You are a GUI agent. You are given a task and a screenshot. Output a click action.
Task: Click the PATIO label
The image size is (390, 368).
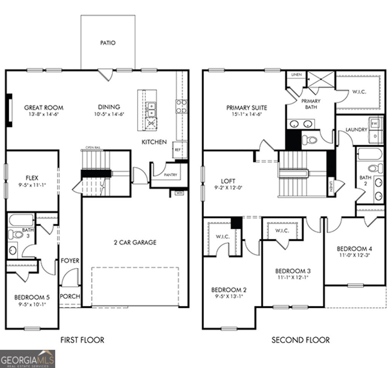(x=108, y=43)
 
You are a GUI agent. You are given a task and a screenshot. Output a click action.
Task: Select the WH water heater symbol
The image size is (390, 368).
(x=179, y=193)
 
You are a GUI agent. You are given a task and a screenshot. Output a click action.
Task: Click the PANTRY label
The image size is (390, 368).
(x=170, y=175)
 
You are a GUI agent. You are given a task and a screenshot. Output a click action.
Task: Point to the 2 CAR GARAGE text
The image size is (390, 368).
(x=135, y=242)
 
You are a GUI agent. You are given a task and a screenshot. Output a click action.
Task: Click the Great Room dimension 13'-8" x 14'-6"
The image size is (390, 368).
(x=44, y=114)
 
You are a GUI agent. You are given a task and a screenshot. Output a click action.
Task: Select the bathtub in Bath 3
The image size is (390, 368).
(x=21, y=221)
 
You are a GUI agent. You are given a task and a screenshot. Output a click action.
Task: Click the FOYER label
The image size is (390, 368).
(x=70, y=261)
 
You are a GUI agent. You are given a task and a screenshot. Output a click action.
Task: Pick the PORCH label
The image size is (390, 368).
(x=70, y=296)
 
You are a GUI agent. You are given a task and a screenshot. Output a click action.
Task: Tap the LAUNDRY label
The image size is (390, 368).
(x=356, y=130)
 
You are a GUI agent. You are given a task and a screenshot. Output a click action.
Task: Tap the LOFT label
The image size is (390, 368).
(x=228, y=181)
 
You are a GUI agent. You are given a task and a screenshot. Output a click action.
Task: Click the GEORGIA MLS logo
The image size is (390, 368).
(x=27, y=359)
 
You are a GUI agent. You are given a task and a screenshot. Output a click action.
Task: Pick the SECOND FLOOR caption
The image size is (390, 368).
(x=300, y=340)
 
